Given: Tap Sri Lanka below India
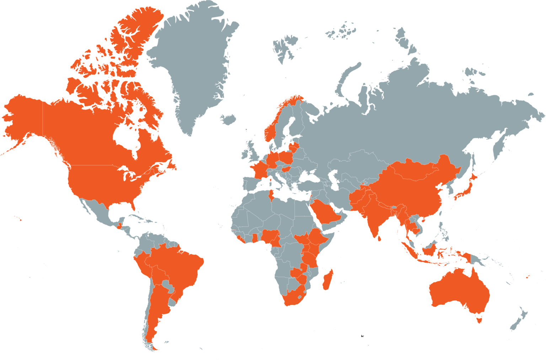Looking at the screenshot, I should point(379,238).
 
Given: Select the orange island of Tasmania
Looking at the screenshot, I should point(479,320).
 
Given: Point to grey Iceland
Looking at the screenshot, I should point(228,119).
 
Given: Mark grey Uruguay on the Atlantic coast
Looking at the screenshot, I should point(172,302).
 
